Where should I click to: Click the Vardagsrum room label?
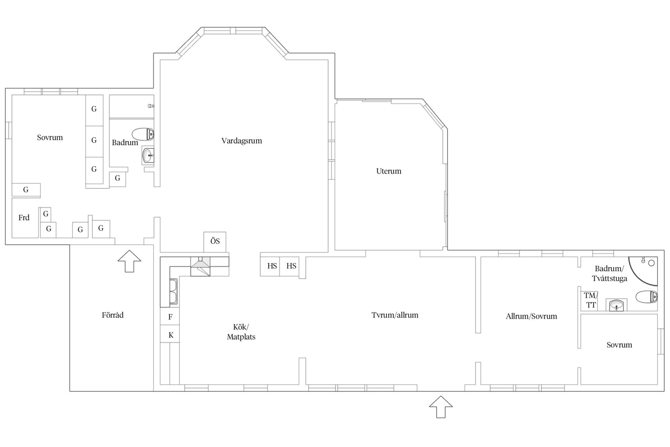click(x=242, y=141)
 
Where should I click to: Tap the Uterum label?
click(x=388, y=171)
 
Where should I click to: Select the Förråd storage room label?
click(x=112, y=315)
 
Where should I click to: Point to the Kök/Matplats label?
click(x=241, y=332)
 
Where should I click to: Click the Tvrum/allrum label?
click(x=395, y=315)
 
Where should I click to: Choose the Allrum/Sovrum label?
click(x=531, y=316)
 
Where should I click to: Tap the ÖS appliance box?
click(x=215, y=242)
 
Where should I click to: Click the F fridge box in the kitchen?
click(x=170, y=316)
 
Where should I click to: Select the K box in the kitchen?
click(x=170, y=334)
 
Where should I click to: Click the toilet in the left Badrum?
click(x=143, y=134)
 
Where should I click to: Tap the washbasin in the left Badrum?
click(x=148, y=155)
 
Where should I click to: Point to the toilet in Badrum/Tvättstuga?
click(x=646, y=297)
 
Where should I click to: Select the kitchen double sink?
click(x=173, y=292)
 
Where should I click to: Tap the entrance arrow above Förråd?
click(x=129, y=261)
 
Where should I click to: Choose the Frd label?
click(x=24, y=218)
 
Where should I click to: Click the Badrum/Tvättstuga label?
click(x=609, y=273)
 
